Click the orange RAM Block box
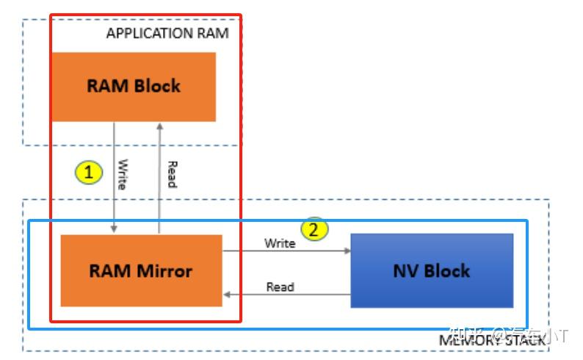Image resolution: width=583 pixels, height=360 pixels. pos(134,86)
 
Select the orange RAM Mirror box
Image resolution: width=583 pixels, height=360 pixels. pos(140,270)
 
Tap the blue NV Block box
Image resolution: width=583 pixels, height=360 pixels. pos(431,270)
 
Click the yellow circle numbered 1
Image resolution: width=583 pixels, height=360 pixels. pos(89,173)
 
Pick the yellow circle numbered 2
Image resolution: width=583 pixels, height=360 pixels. pos(314,229)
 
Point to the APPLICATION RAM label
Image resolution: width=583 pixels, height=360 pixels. pos(167,33)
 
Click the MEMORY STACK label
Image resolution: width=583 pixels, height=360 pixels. pos(492,339)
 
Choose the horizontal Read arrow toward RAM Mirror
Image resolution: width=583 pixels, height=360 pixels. pos(286,295)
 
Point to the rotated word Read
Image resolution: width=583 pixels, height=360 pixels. pos(171,174)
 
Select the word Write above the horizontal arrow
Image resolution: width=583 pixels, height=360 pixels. pos(280,243)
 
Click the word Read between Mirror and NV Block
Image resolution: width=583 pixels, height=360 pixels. pos(280,287)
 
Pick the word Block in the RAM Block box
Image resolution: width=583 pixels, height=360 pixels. pos(156,86)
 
